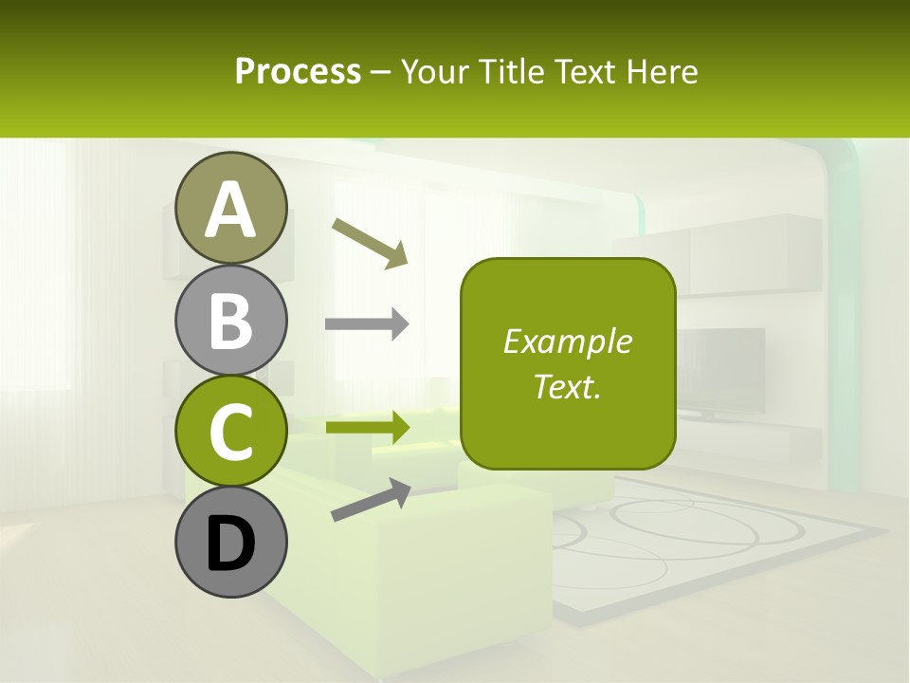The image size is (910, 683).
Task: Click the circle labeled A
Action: tap(231, 208)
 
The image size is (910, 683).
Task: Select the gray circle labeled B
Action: tap(231, 320)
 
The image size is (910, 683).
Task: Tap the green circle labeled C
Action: tap(231, 431)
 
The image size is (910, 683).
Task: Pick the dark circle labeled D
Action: tap(231, 542)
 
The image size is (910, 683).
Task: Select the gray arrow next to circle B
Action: tap(367, 324)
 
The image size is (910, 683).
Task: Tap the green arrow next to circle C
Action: tap(367, 427)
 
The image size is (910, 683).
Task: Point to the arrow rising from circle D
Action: tap(371, 500)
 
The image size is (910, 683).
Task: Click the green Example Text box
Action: tap(568, 363)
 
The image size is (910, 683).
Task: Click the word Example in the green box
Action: tap(567, 341)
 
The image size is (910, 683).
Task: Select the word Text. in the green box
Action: tap(567, 386)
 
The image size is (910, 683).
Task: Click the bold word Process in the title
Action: tap(298, 71)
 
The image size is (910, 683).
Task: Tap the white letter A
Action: tap(231, 210)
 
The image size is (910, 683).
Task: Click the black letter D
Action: tap(231, 544)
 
